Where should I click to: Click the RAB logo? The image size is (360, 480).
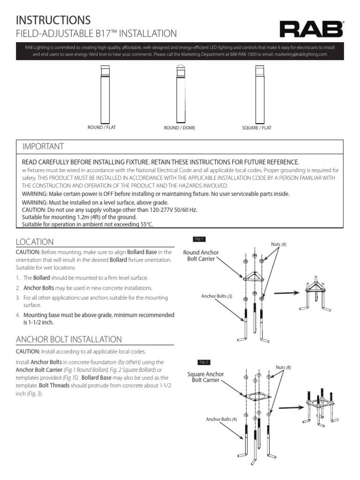311,30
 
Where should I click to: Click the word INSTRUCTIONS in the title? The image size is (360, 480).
53,20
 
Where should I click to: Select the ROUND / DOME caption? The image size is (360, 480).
180,128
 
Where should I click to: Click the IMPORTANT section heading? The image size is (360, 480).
43,147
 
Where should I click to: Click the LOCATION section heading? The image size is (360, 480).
35,242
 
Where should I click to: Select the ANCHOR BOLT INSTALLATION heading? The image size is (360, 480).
69,339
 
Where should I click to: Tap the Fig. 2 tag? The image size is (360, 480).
204,362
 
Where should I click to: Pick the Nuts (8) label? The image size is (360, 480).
283,368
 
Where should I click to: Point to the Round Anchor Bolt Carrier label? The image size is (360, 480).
201,256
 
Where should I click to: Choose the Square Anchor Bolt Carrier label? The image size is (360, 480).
205,377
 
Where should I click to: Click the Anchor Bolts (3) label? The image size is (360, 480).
217,296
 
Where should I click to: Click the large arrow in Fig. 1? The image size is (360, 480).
287,292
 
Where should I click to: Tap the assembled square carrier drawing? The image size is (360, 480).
321,405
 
